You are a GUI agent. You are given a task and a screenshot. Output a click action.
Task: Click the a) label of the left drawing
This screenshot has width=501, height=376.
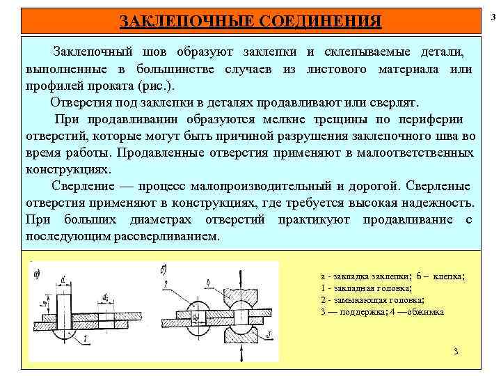pos(35,273)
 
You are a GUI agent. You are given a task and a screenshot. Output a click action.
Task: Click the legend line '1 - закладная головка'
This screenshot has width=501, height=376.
pos(367,288)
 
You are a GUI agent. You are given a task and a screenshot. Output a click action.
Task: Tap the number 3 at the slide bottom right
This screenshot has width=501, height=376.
pos(455,350)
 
